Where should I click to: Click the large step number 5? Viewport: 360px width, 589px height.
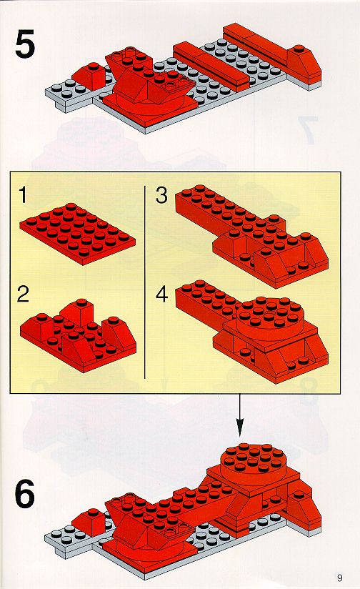(25, 45)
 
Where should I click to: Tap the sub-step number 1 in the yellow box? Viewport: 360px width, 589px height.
(24, 195)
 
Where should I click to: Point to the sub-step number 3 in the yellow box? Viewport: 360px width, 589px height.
(162, 196)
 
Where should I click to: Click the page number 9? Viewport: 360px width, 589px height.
(340, 578)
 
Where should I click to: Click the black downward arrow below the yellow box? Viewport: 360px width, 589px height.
(239, 415)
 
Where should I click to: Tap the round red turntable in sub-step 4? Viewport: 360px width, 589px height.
(269, 318)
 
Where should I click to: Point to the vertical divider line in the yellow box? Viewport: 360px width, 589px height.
(144, 282)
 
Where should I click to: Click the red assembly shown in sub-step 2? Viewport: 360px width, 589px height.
(78, 335)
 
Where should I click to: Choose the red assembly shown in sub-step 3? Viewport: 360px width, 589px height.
(251, 236)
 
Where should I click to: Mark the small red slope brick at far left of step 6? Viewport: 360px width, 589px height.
(89, 521)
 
